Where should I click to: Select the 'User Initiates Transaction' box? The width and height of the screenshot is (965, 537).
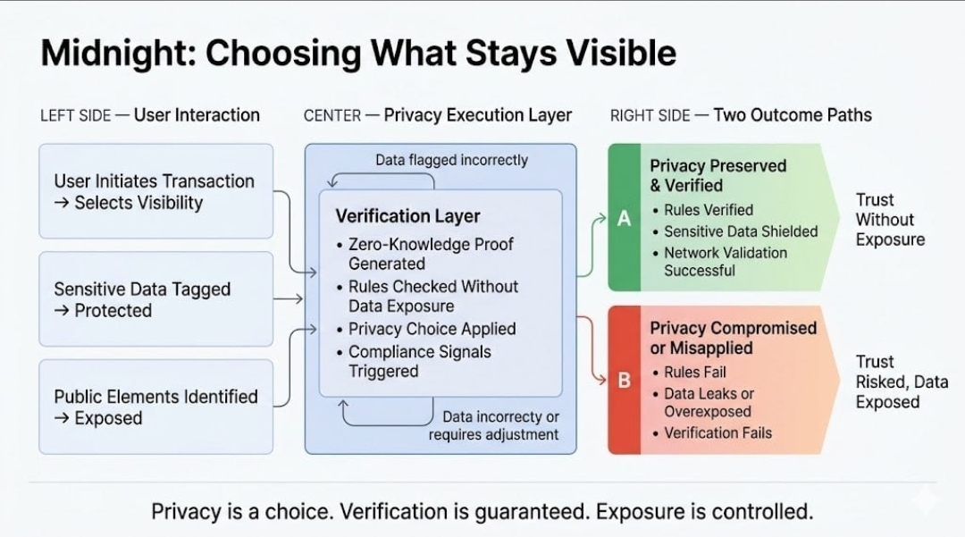[x=155, y=191]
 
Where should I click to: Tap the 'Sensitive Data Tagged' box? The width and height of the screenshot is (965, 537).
[x=155, y=299]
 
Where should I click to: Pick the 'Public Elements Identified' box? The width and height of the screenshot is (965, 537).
[x=155, y=407]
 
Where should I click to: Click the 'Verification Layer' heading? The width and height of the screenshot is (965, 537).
[x=407, y=216]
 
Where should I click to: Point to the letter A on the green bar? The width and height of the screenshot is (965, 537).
[x=624, y=218]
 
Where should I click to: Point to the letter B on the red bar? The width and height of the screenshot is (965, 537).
[x=624, y=380]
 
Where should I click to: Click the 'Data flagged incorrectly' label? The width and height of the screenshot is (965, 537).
[x=451, y=161]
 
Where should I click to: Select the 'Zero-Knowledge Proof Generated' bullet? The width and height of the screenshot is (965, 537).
[x=430, y=254]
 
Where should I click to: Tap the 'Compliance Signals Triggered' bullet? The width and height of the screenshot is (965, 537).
[x=419, y=361]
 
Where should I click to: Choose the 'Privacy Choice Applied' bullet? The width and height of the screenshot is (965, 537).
[x=432, y=329]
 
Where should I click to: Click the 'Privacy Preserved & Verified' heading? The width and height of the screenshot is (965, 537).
[x=717, y=176]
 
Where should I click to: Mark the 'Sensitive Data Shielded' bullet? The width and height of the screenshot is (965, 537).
[x=741, y=231]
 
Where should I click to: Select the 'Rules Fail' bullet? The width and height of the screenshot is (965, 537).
[x=695, y=372]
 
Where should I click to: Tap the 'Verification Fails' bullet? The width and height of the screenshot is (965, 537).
[x=717, y=433]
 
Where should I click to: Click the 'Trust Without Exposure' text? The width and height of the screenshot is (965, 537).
[x=889, y=220]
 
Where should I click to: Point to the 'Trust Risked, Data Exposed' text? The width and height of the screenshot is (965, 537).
[x=901, y=382]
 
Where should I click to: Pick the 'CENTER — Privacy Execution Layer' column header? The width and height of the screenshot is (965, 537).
[x=438, y=115]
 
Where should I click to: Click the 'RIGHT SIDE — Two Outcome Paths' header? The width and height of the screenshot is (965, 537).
[x=741, y=115]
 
